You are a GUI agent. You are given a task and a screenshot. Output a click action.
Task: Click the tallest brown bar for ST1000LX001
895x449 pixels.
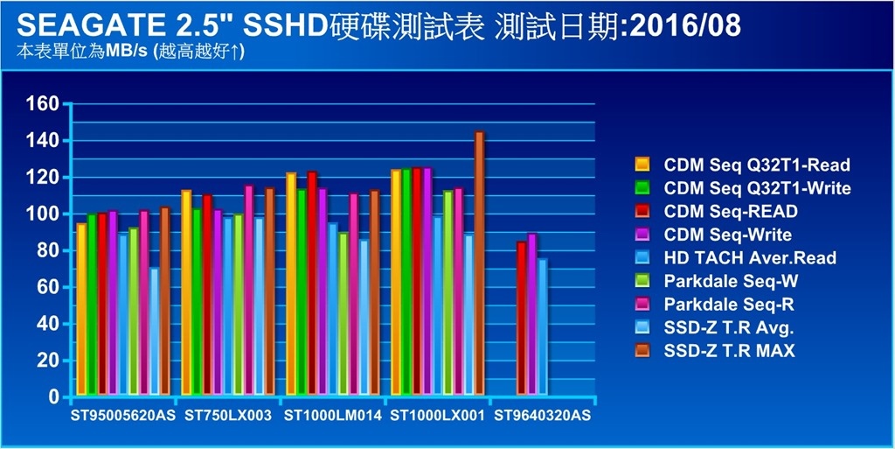[479, 263]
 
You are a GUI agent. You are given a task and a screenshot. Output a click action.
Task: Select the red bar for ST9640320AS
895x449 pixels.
[522, 319]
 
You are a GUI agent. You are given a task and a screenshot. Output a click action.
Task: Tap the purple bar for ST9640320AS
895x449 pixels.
[532, 314]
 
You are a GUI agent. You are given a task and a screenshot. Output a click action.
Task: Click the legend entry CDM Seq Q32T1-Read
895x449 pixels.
[757, 165]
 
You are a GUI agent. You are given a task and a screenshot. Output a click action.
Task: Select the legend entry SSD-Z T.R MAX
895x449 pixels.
[730, 351]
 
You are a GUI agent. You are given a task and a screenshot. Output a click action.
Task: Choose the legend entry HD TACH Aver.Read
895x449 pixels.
[750, 257]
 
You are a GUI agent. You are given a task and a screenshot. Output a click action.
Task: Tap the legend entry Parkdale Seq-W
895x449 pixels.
[731, 281]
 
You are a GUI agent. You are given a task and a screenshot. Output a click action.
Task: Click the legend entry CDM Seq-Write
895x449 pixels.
[728, 235]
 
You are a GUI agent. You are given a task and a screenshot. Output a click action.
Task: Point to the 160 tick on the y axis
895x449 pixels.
[41, 104]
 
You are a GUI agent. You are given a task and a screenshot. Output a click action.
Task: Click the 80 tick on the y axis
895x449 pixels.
[46, 250]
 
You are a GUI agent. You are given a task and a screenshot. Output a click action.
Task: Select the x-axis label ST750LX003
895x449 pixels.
[228, 416]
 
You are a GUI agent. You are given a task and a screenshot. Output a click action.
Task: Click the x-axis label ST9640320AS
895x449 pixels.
[542, 416]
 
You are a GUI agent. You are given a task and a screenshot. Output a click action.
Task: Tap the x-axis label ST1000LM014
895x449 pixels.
[333, 416]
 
